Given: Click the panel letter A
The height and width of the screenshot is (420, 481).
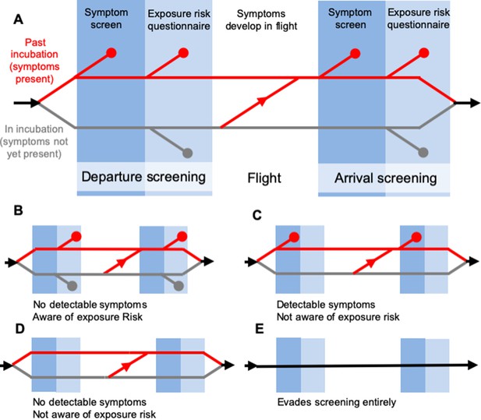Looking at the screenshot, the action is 19,19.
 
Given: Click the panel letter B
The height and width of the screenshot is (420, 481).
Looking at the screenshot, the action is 18,210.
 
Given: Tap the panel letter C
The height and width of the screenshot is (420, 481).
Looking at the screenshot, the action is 256,215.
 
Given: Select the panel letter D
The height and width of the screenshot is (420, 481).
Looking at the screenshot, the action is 19,329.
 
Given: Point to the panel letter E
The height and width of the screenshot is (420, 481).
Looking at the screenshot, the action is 260,329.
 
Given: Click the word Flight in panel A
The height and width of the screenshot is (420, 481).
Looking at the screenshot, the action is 264,178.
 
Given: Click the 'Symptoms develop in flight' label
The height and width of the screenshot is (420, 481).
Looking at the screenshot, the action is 261,20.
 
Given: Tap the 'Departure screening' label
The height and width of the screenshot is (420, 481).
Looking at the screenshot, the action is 143,178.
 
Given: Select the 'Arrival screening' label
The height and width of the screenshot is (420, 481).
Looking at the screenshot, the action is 386,178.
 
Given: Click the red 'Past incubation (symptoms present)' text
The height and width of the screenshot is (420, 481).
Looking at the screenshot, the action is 34,61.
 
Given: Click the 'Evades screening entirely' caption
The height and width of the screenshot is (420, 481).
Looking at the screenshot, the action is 337,402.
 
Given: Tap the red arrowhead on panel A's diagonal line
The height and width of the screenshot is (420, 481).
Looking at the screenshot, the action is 262,101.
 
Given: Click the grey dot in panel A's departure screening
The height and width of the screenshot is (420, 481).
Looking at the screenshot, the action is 187,153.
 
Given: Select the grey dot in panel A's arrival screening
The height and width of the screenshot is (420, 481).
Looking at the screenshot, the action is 423,153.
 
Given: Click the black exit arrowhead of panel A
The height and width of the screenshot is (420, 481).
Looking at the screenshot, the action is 475,103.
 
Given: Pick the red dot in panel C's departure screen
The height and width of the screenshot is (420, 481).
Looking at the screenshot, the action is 294,237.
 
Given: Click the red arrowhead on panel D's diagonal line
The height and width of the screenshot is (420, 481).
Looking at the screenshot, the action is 127,365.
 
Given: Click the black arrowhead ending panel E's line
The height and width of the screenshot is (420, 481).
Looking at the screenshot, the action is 472,365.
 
